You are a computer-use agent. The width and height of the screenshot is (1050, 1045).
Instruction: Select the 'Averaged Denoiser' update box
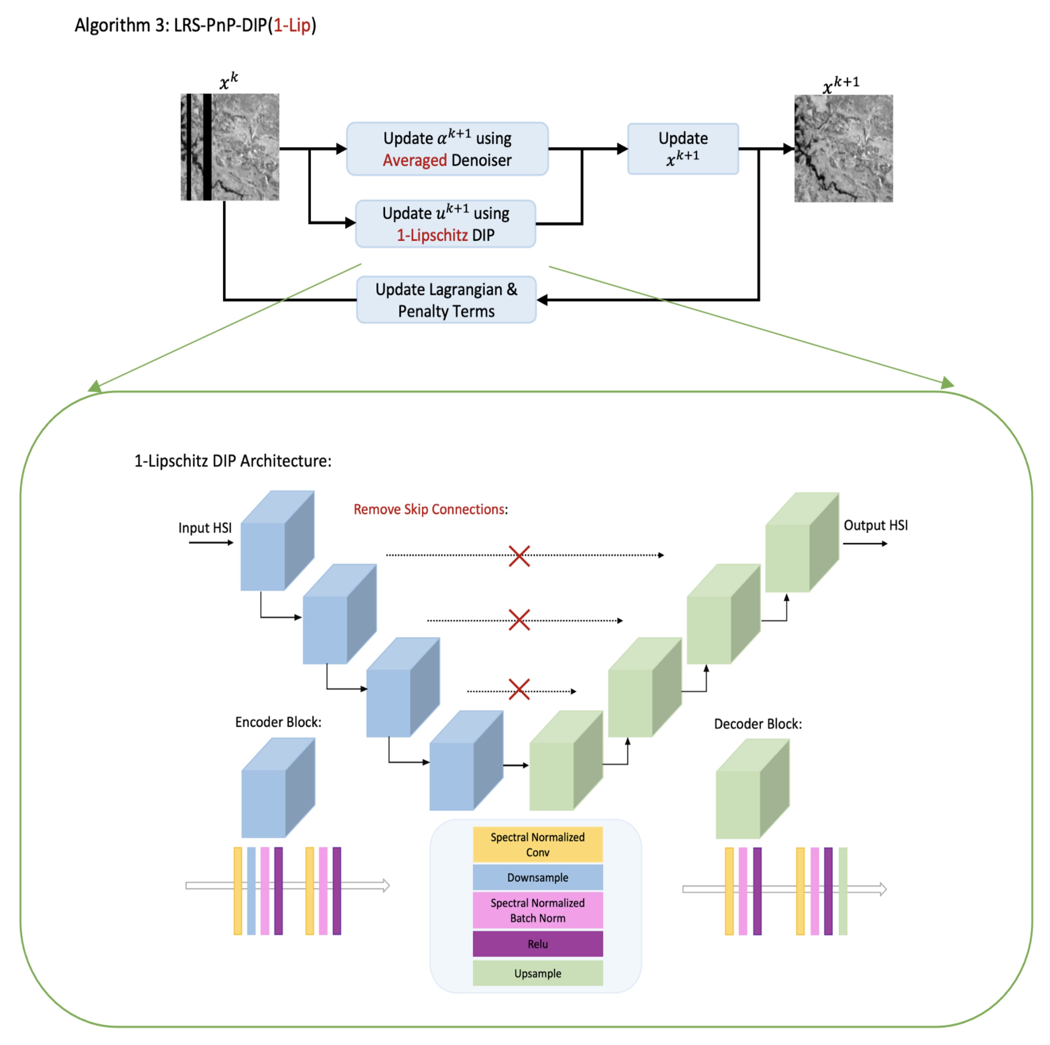pyautogui.click(x=447, y=148)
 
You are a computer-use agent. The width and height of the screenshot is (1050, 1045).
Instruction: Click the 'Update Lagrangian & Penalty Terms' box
pyautogui.click(x=446, y=300)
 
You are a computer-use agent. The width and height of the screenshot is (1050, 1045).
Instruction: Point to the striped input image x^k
pyautogui.click(x=230, y=147)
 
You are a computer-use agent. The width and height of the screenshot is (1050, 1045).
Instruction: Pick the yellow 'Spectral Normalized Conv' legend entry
pyautogui.click(x=537, y=844)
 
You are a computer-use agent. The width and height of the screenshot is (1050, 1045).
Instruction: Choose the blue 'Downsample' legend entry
pyautogui.click(x=537, y=877)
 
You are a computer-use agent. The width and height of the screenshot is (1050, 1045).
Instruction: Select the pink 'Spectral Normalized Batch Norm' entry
pyautogui.click(x=537, y=910)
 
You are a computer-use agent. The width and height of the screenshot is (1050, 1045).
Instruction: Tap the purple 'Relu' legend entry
pyautogui.click(x=537, y=944)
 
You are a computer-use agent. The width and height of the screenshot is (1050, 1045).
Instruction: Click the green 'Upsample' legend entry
pyautogui.click(x=537, y=973)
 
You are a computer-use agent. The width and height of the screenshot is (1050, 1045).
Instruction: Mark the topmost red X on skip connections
pyautogui.click(x=519, y=556)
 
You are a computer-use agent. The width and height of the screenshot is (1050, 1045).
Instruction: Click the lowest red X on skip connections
pyautogui.click(x=519, y=690)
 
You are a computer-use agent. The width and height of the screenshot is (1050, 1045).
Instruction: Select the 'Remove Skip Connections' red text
pyautogui.click(x=429, y=509)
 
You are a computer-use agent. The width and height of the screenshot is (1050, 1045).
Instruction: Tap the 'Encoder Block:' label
pyautogui.click(x=278, y=722)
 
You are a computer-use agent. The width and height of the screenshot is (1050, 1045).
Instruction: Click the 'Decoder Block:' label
pyautogui.click(x=757, y=724)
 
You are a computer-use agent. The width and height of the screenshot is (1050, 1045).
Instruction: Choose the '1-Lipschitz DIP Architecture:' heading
pyautogui.click(x=232, y=461)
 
